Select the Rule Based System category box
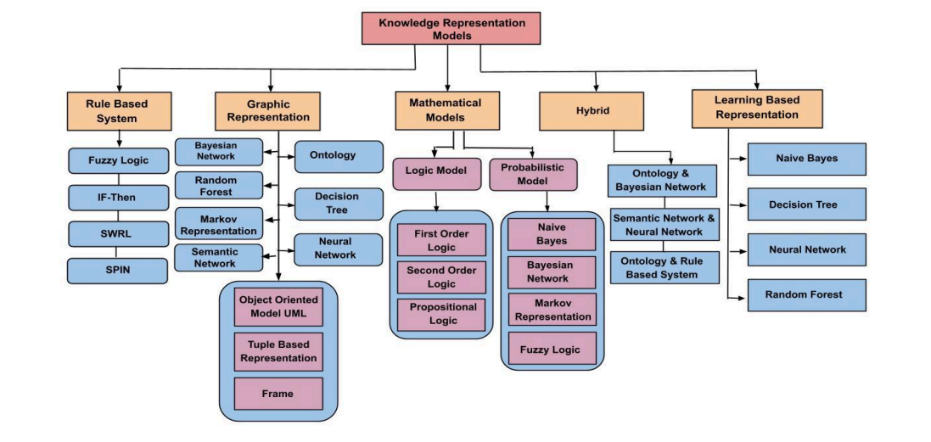point(117,111)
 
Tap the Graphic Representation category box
point(269,111)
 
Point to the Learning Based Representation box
point(745,107)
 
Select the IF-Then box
point(118,197)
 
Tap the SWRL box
point(118,233)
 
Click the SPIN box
point(118,271)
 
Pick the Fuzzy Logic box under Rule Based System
point(118,159)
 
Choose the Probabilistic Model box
point(533,175)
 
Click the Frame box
point(279,394)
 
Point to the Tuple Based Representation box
point(279,351)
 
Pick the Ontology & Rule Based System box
point(665,267)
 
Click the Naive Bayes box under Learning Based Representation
point(806,159)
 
